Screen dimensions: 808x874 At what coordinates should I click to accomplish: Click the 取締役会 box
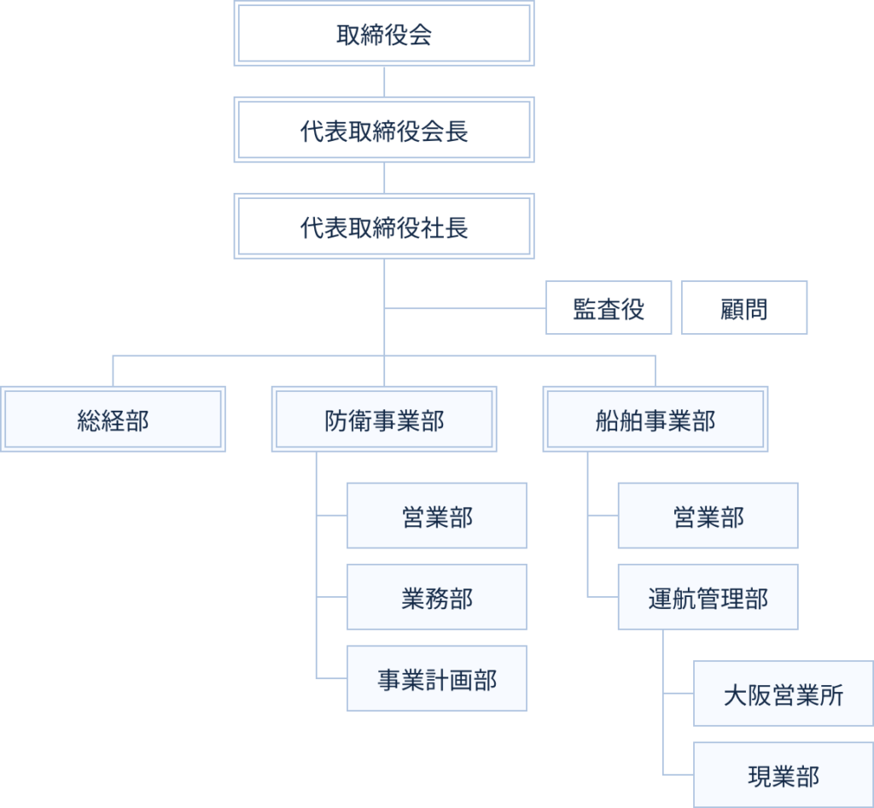(x=384, y=34)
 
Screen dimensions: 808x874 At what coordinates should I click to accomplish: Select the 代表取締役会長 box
(x=384, y=131)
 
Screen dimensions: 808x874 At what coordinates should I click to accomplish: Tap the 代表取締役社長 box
(x=384, y=227)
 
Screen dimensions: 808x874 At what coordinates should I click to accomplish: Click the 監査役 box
(x=609, y=308)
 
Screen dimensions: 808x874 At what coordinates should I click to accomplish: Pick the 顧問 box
(x=743, y=308)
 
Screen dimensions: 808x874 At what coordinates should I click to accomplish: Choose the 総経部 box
(x=113, y=419)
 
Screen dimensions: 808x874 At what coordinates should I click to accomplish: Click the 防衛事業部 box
(x=384, y=419)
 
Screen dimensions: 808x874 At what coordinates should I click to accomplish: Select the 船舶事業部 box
(x=655, y=419)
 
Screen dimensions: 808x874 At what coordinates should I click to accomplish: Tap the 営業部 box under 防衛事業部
(x=436, y=516)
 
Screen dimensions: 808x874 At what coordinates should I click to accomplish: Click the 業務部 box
(x=436, y=598)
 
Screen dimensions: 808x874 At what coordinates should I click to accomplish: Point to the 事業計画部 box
(x=436, y=679)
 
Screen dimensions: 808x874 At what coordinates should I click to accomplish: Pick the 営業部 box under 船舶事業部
(x=708, y=516)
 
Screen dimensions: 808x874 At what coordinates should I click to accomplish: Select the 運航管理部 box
(x=708, y=598)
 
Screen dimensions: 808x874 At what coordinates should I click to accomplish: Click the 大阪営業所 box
(x=783, y=694)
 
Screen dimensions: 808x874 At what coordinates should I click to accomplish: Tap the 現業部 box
(x=783, y=776)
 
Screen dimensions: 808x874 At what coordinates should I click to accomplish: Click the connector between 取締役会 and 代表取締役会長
(x=384, y=82)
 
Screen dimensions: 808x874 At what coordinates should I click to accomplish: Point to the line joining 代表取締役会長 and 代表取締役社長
(x=384, y=179)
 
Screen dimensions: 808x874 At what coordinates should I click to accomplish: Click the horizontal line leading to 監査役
(x=465, y=307)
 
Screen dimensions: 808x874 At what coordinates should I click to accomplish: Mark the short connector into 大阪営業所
(x=678, y=694)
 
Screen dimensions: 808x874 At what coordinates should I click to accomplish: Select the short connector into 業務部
(x=331, y=597)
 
